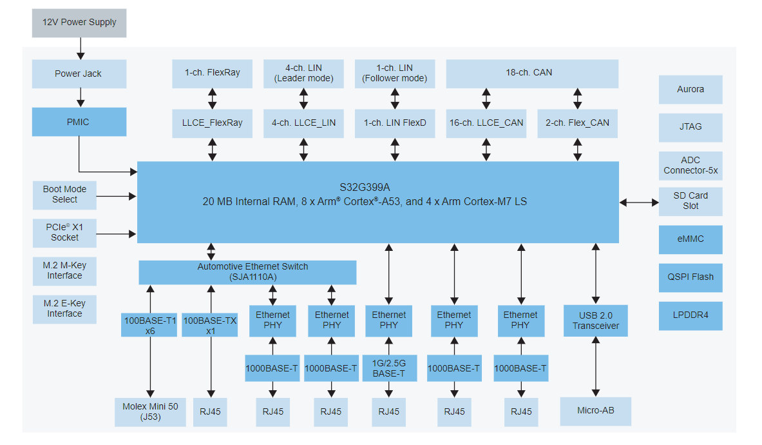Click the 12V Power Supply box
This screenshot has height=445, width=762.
(79, 23)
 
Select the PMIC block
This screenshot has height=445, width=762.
(79, 122)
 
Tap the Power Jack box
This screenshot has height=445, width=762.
(79, 74)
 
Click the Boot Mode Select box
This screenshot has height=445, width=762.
(64, 195)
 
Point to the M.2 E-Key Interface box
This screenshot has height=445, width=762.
(64, 309)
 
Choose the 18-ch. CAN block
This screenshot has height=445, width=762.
(531, 74)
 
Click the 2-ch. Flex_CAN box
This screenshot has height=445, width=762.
(577, 123)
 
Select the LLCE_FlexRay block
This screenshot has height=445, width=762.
(212, 123)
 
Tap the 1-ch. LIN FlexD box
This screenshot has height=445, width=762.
(394, 123)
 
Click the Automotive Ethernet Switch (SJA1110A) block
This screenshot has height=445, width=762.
(247, 272)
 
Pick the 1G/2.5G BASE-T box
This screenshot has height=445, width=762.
(388, 368)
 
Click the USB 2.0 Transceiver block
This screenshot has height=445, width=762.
(595, 321)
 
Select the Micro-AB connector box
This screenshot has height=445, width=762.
(595, 411)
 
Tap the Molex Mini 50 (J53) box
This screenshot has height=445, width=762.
(150, 411)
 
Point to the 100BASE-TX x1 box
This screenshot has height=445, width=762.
(210, 325)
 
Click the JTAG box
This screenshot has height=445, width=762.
(690, 127)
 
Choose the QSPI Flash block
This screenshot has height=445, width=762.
(690, 277)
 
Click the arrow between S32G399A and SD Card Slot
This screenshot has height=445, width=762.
(639, 203)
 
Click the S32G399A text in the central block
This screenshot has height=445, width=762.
(377, 188)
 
